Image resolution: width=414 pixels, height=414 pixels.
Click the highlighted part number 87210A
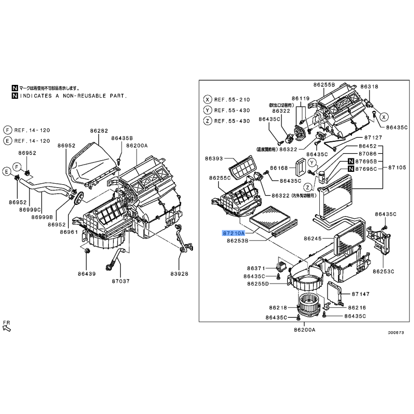234,233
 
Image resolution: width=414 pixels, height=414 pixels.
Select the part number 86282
99,131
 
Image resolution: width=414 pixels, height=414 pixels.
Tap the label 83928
179,274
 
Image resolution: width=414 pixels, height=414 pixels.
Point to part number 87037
121,281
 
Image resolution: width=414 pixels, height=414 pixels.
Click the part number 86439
86,274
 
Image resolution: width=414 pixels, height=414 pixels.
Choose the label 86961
69,232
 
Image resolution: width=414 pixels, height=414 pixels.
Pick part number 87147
361,294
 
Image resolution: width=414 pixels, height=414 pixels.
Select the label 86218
278,307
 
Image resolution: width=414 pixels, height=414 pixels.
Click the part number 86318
369,86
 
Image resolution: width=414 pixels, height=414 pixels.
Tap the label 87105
397,167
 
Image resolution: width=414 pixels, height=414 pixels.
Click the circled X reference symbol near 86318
383,117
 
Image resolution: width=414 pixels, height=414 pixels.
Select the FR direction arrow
7,328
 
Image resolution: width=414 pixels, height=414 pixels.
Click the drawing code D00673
396,333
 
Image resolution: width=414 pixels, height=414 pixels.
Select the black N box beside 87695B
351,161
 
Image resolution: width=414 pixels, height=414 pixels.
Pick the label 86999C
30,210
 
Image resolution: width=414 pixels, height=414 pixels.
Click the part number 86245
313,239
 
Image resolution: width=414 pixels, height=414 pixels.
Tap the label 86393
214,158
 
